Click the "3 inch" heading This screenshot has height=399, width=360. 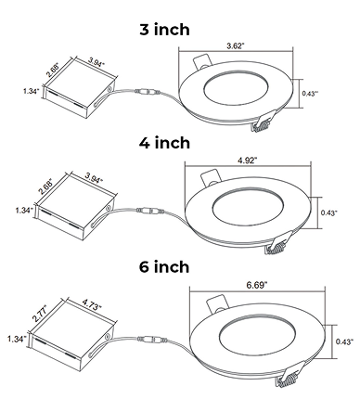[x=164, y=30]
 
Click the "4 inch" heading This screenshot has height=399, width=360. [x=164, y=143]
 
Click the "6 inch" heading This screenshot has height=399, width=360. [x=164, y=266]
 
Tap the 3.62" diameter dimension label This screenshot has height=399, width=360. [x=236, y=46]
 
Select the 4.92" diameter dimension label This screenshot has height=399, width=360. [x=248, y=161]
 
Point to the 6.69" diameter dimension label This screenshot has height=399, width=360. [x=257, y=285]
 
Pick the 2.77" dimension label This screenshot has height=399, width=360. [x=41, y=314]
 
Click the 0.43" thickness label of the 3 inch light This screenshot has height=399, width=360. [x=310, y=94]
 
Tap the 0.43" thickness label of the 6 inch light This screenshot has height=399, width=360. [x=344, y=341]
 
